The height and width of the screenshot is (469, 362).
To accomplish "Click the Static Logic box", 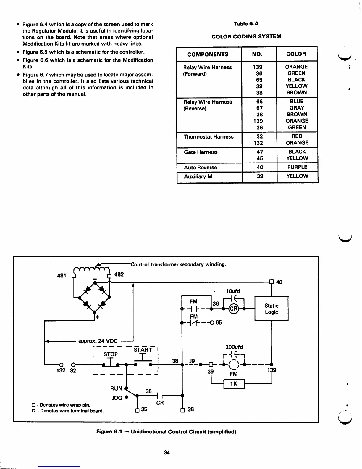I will [271, 309].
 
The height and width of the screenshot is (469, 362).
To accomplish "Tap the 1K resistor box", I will [234, 384].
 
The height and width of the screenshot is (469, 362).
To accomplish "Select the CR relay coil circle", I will [233, 309].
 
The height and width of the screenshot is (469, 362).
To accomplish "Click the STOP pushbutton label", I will [111, 354].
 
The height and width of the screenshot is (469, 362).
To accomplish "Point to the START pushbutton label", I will [143, 350].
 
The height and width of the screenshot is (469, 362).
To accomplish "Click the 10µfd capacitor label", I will [233, 291].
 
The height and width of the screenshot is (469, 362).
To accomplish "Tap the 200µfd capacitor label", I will [234, 347].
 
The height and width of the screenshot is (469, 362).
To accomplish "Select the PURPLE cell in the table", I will [297, 167].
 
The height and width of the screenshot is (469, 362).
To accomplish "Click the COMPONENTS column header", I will [208, 54].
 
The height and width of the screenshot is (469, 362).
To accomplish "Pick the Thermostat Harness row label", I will [209, 137].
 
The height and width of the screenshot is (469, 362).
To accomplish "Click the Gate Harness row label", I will [201, 152].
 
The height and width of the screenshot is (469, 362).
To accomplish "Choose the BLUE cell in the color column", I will [297, 101].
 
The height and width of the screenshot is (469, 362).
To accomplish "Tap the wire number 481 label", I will [62, 275].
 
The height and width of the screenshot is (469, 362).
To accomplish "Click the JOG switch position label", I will [117, 398].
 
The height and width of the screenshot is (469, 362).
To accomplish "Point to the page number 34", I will [167, 452].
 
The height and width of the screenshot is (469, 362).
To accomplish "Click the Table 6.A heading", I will [246, 24].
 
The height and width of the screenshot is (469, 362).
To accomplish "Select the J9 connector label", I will [192, 361].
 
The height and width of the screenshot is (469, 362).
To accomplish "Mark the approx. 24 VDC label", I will [98, 341].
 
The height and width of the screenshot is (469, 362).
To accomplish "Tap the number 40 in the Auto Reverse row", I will [260, 167].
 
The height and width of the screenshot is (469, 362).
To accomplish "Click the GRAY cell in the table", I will [297, 108].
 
